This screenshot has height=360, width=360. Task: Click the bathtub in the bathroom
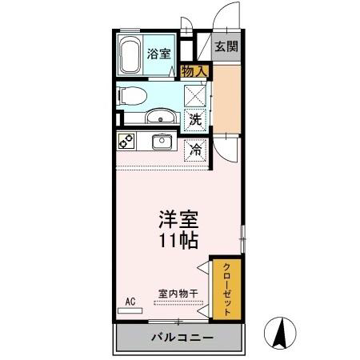click(130, 54)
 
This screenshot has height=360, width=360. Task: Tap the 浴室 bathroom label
click(158, 54)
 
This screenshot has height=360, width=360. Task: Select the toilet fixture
click(132, 96)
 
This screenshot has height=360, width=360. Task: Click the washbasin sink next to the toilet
click(160, 116)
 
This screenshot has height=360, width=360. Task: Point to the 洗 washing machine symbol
click(195, 120)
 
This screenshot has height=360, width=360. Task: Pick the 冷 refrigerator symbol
click(195, 150)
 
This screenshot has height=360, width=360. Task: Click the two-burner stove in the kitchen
click(126, 141)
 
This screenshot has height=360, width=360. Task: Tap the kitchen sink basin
click(162, 142)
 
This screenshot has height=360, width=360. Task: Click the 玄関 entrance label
click(226, 46)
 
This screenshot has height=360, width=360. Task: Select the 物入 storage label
click(194, 71)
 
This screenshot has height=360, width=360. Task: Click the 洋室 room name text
click(178, 219)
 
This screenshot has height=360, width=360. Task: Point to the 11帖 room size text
click(178, 241)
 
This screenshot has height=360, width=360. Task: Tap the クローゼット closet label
click(226, 290)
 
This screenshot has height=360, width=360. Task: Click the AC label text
click(130, 302)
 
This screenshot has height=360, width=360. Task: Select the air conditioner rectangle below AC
click(130, 310)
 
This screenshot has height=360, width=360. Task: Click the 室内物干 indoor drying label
click(178, 294)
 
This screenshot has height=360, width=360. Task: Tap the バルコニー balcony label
click(182, 338)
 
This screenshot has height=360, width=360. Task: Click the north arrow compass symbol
click(280, 333)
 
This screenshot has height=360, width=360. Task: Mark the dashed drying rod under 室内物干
click(178, 302)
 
